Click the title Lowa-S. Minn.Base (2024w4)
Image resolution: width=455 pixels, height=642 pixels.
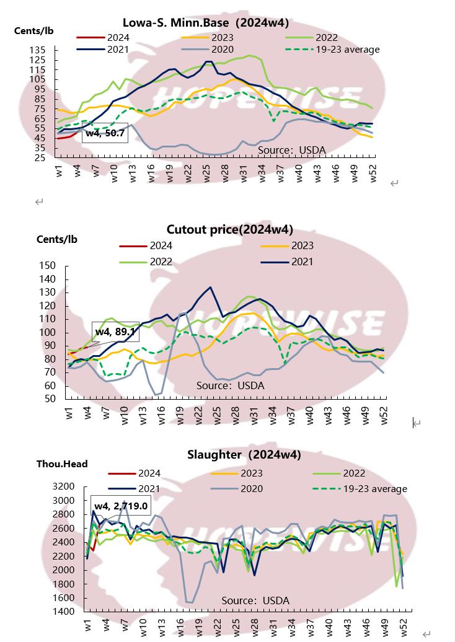206,24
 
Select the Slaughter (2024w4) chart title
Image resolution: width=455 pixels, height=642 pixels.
244,455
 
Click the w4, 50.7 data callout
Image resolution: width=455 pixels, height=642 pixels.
105,133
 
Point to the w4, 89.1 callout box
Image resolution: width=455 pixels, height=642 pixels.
115,332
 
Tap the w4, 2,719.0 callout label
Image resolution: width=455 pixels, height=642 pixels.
120,506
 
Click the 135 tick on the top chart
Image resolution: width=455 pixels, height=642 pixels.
37,50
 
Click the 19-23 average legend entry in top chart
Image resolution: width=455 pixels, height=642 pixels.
350,49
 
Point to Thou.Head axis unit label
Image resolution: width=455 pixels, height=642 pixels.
62,464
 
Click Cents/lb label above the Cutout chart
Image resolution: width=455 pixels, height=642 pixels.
57,240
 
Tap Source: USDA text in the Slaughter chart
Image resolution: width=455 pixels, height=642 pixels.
255,600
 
